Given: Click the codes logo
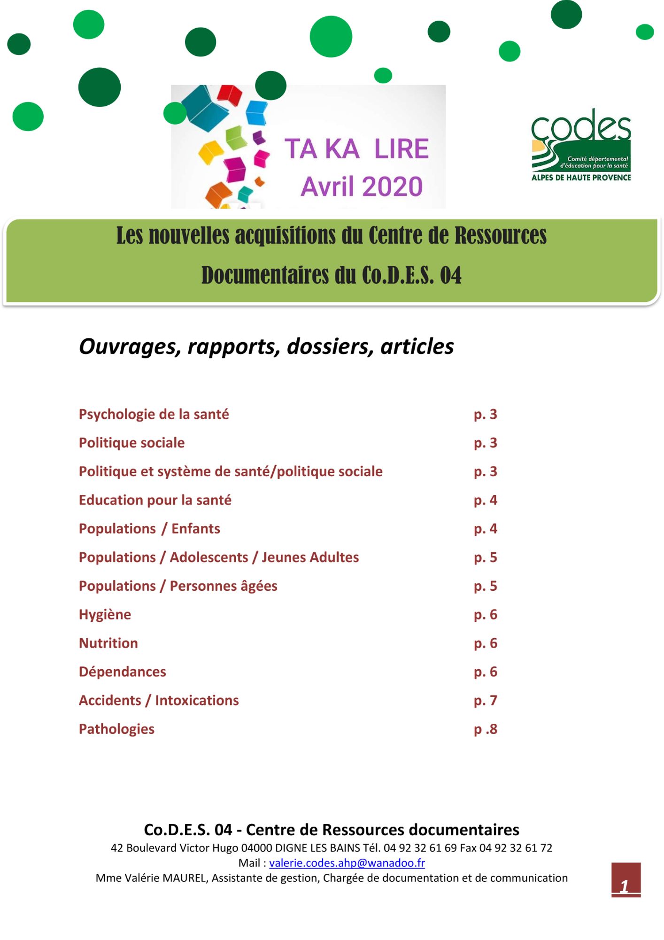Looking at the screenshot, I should [x=581, y=145].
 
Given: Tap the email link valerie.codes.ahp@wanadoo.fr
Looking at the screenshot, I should [x=347, y=863].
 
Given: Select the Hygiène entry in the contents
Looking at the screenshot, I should [x=105, y=615].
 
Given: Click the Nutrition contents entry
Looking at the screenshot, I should [x=108, y=643].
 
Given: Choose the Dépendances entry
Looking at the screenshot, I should [x=123, y=672].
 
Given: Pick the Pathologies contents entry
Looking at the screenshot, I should [x=116, y=729].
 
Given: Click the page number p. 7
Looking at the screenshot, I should [x=485, y=701].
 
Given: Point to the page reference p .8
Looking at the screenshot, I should [x=485, y=729].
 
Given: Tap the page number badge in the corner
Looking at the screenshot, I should [x=625, y=880].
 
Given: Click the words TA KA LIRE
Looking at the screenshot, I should [x=356, y=149].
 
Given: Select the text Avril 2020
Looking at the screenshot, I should [x=362, y=187].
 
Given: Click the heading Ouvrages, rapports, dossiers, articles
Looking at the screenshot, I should [x=266, y=346].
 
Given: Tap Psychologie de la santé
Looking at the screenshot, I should [x=154, y=415].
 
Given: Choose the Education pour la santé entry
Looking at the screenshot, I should [x=155, y=501].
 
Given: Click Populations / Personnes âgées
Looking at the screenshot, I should [x=178, y=586].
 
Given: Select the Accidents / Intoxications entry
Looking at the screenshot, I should [x=159, y=701].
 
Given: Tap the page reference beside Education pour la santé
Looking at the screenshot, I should [x=485, y=501].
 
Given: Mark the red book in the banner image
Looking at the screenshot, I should [x=230, y=94].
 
